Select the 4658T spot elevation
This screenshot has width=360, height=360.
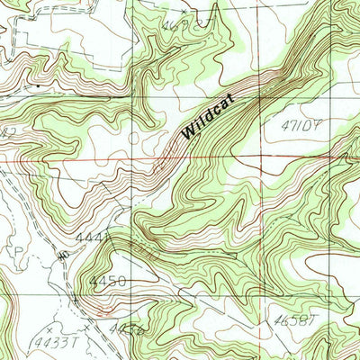(290, 319)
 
